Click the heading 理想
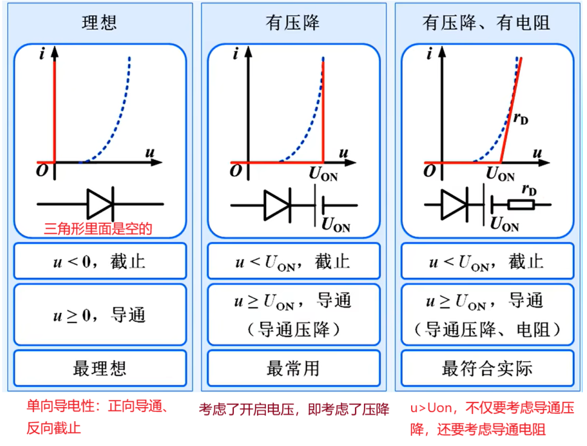[x=100, y=23]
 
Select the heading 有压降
[x=293, y=23]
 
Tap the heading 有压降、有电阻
[x=486, y=23]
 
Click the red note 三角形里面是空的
[x=98, y=229]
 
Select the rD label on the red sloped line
[x=521, y=119]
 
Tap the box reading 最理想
[x=100, y=368]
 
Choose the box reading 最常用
[x=293, y=368]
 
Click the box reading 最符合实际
[x=487, y=368]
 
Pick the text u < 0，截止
[x=100, y=262]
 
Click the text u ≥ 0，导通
[x=100, y=315]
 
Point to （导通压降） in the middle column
[x=293, y=330]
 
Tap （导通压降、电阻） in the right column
[x=487, y=330]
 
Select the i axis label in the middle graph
[x=235, y=55]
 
